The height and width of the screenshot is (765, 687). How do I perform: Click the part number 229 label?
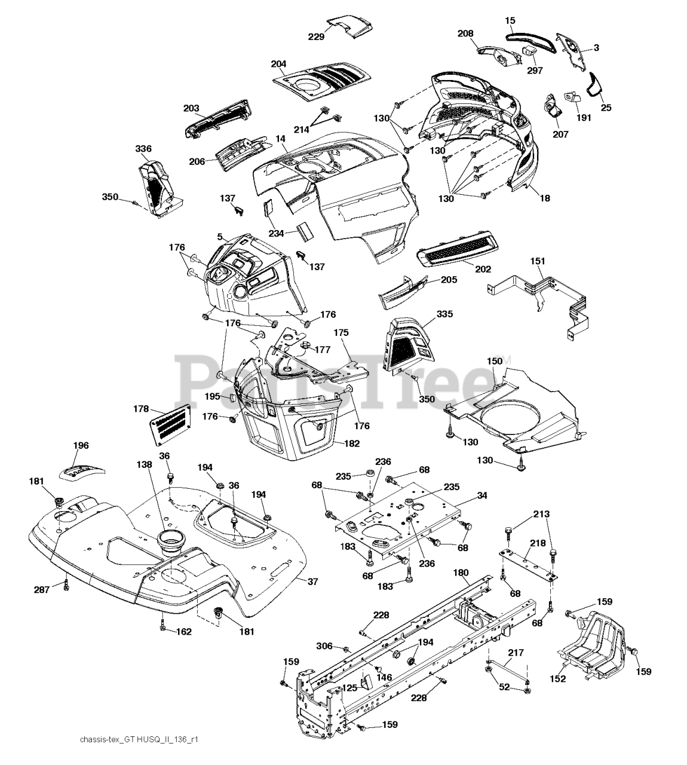click(317, 37)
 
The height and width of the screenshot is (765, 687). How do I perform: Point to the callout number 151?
click(538, 261)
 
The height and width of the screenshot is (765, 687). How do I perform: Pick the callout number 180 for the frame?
click(461, 572)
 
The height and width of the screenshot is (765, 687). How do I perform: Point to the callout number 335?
click(444, 314)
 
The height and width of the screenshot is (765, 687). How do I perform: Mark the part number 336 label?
click(143, 149)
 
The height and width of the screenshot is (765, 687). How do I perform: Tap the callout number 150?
click(495, 362)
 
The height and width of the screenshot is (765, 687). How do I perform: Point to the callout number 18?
click(544, 198)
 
